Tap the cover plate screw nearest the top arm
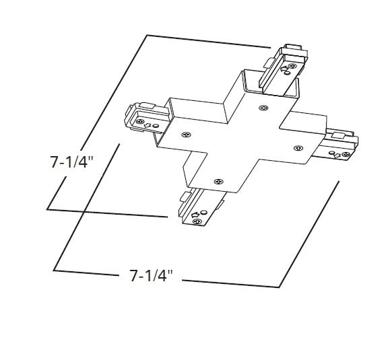point(263,107)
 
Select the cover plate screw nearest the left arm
point(186,134)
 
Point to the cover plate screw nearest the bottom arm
point(217,181)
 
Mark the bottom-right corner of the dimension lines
point(278,287)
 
